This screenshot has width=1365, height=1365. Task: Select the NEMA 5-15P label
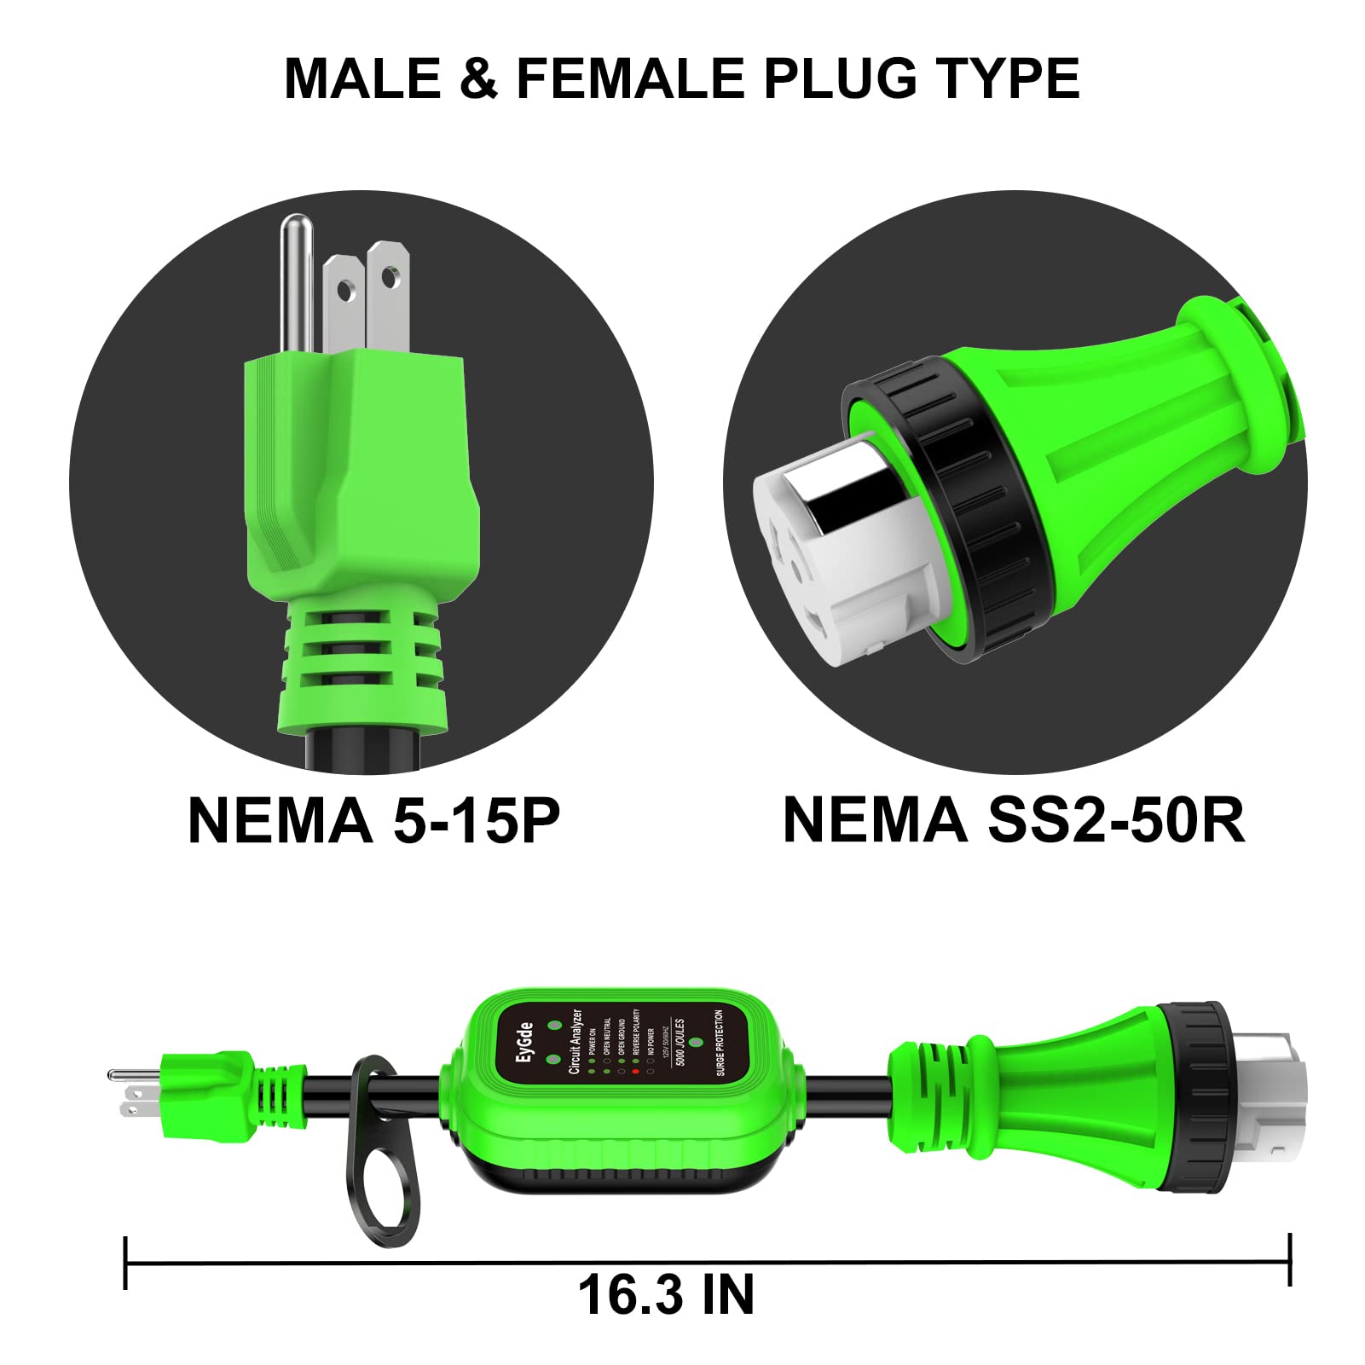373,820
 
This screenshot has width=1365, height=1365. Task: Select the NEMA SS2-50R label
1013,820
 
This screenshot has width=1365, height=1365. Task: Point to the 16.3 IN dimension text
666,1294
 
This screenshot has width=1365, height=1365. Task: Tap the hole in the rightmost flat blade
390,277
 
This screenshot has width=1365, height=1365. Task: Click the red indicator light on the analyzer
635,1071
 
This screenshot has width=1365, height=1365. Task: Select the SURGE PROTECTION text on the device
720,1043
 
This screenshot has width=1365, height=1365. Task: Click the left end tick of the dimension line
126,1263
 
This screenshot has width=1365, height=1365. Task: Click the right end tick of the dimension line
1290,1259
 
